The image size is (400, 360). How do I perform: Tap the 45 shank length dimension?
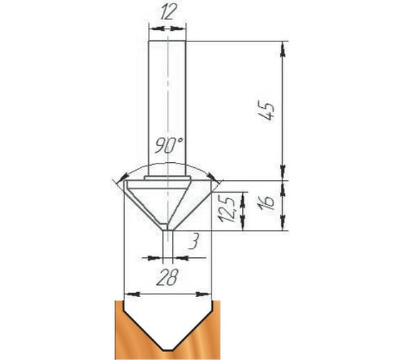pos(267,111)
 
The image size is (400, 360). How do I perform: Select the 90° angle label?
pos(169,145)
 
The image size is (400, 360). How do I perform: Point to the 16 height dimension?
pos(267,203)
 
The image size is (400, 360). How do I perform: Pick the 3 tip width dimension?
pos(193,242)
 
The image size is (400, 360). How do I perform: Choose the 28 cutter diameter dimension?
pos(167,278)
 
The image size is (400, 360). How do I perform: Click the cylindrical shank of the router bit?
pos(167,109)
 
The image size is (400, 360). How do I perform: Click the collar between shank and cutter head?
pos(167,178)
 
